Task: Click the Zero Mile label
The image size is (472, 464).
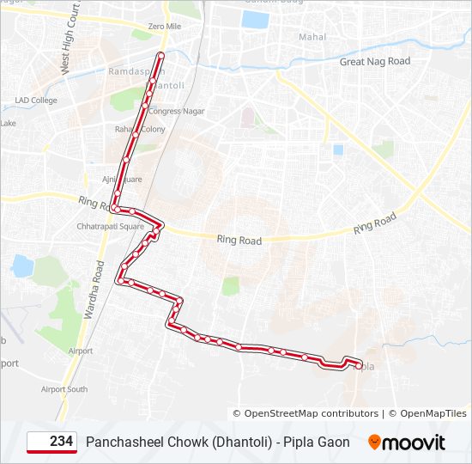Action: click(164, 27)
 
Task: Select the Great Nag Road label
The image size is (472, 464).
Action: click(375, 61)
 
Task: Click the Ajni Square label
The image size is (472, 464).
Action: click(122, 180)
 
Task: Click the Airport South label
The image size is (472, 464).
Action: click(64, 389)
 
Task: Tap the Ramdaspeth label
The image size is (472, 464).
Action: click(130, 70)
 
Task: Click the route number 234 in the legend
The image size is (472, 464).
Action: click(61, 442)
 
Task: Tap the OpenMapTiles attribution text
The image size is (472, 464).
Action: click(433, 413)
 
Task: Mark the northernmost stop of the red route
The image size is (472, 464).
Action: click(160, 56)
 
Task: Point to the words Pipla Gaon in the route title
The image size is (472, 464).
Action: click(321, 442)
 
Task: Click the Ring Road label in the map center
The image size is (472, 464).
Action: click(239, 241)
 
